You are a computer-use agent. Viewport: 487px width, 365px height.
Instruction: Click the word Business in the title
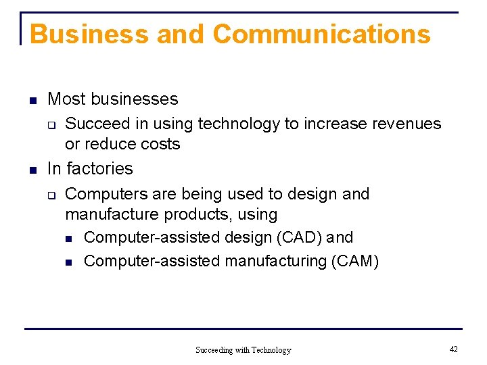point(90,34)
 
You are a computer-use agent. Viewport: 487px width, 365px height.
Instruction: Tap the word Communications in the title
point(321,34)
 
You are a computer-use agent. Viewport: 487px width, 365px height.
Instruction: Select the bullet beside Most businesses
point(32,101)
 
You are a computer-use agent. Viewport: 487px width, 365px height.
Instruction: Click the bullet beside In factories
point(32,170)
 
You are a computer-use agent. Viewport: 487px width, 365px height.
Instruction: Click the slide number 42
point(453,349)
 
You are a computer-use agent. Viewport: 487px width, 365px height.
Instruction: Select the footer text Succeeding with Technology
point(243,350)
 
